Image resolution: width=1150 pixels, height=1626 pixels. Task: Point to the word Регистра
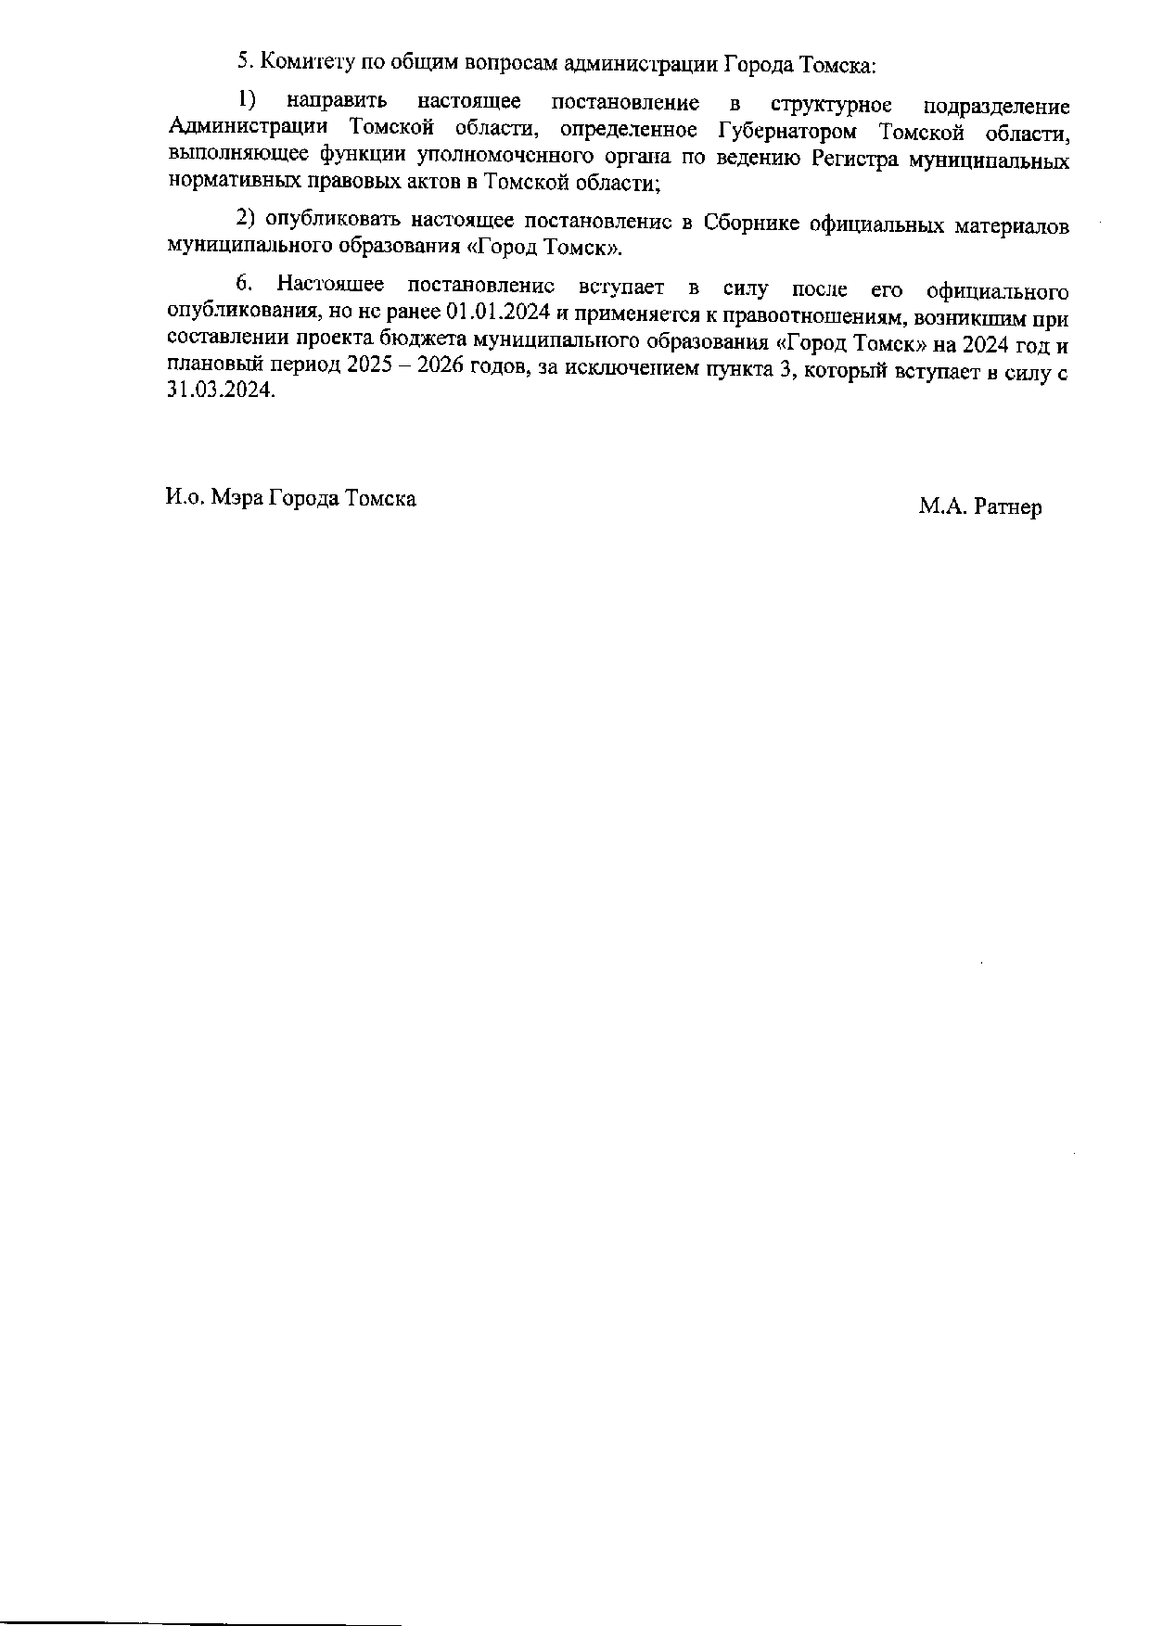[854, 159]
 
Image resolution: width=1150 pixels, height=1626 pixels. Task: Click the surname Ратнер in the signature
[1008, 507]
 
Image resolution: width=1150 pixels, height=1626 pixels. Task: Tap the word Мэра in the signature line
[236, 498]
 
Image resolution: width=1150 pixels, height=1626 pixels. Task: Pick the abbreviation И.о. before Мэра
[184, 498]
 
